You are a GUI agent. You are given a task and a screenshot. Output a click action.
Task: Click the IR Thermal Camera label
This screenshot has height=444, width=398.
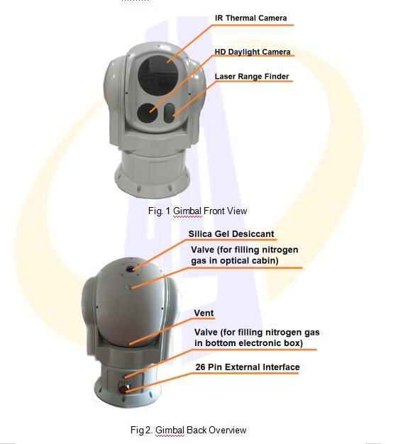pyautogui.click(x=250, y=18)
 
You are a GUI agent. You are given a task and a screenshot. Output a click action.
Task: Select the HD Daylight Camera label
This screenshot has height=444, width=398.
pyautogui.click(x=253, y=52)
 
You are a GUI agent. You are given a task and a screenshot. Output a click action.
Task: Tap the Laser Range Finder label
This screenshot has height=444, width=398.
pyautogui.click(x=251, y=77)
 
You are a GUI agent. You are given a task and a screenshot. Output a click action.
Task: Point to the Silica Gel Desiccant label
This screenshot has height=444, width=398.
pyautogui.click(x=231, y=233)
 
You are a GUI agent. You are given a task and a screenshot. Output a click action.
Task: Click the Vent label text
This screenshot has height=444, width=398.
pyautogui.click(x=204, y=312)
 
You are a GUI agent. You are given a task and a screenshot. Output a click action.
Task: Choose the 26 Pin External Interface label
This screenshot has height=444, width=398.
pyautogui.click(x=247, y=367)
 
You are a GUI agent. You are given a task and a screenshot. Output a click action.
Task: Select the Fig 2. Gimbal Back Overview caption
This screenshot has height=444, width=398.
pyautogui.click(x=188, y=430)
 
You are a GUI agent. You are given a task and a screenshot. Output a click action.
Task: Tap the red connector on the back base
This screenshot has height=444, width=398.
pyautogui.click(x=124, y=387)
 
